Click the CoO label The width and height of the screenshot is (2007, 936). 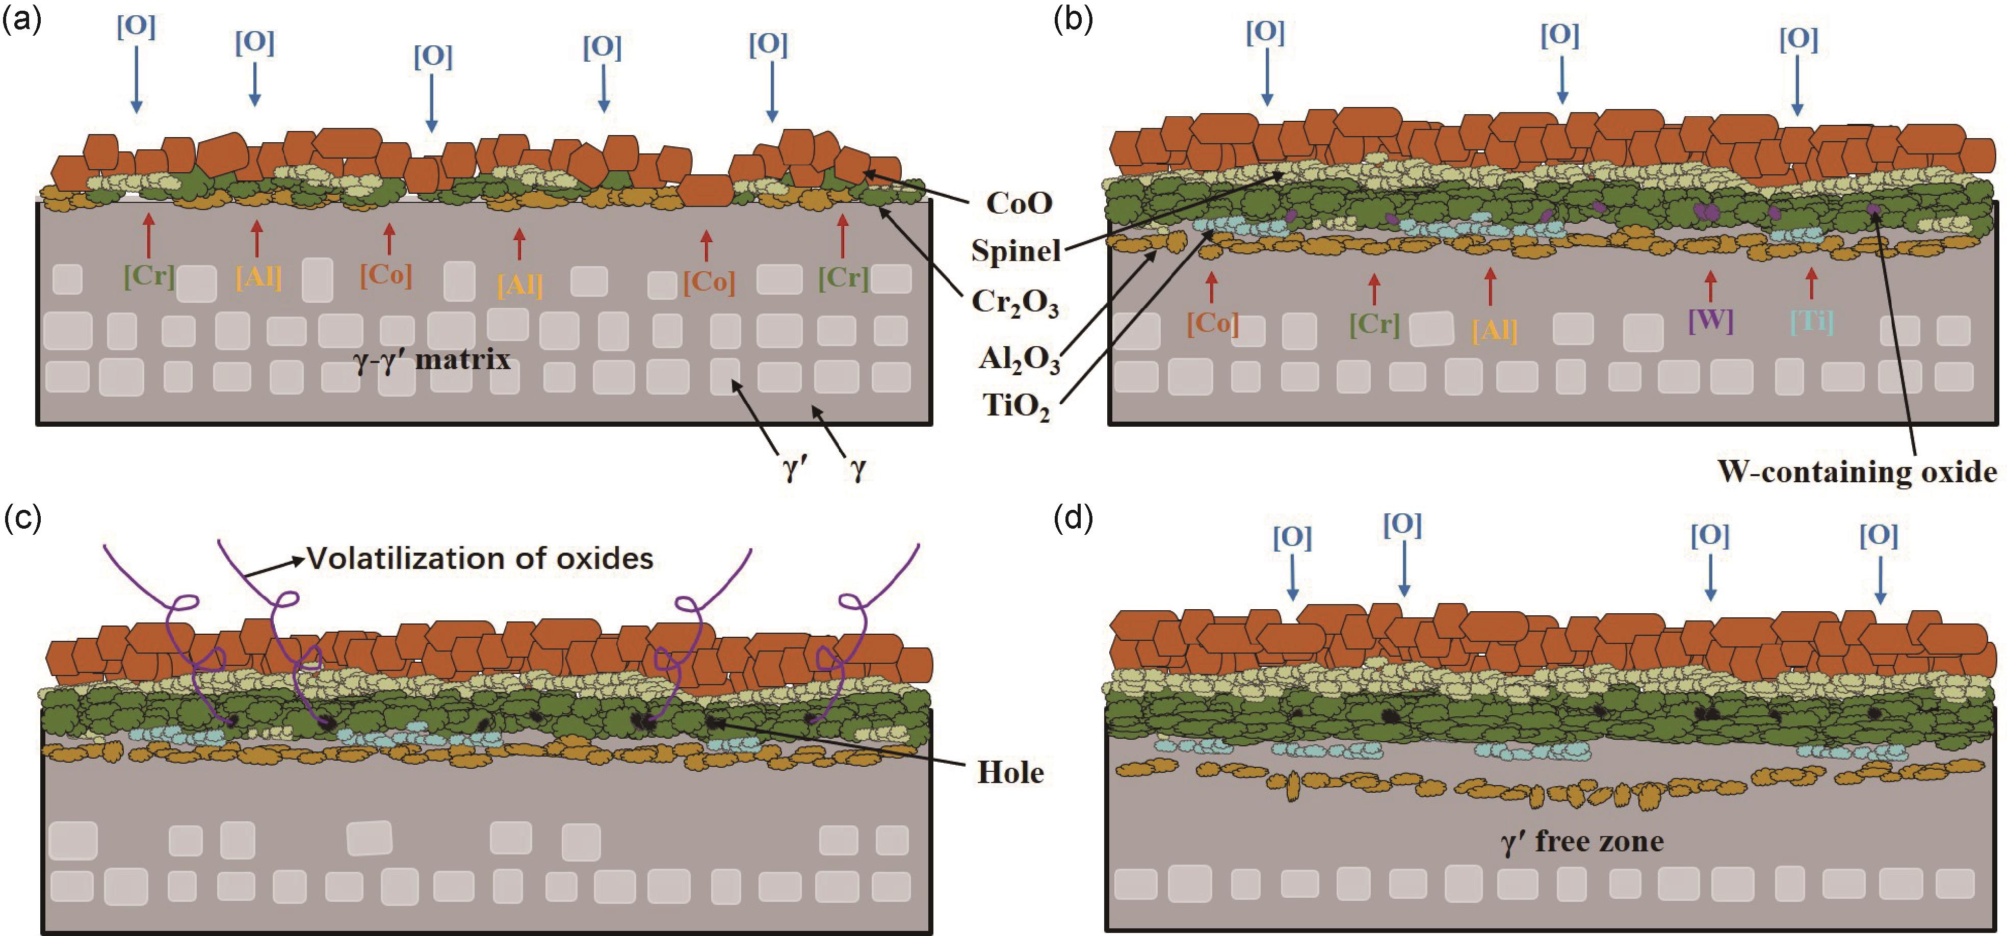1019,203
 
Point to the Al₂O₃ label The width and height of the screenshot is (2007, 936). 1019,360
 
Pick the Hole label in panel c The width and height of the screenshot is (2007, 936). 1010,772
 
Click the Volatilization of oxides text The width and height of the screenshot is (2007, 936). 480,559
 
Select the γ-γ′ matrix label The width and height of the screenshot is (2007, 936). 432,360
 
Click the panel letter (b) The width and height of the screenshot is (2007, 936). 1073,21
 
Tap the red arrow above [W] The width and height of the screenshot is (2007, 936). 1710,286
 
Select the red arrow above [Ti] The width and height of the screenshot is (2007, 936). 1811,283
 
